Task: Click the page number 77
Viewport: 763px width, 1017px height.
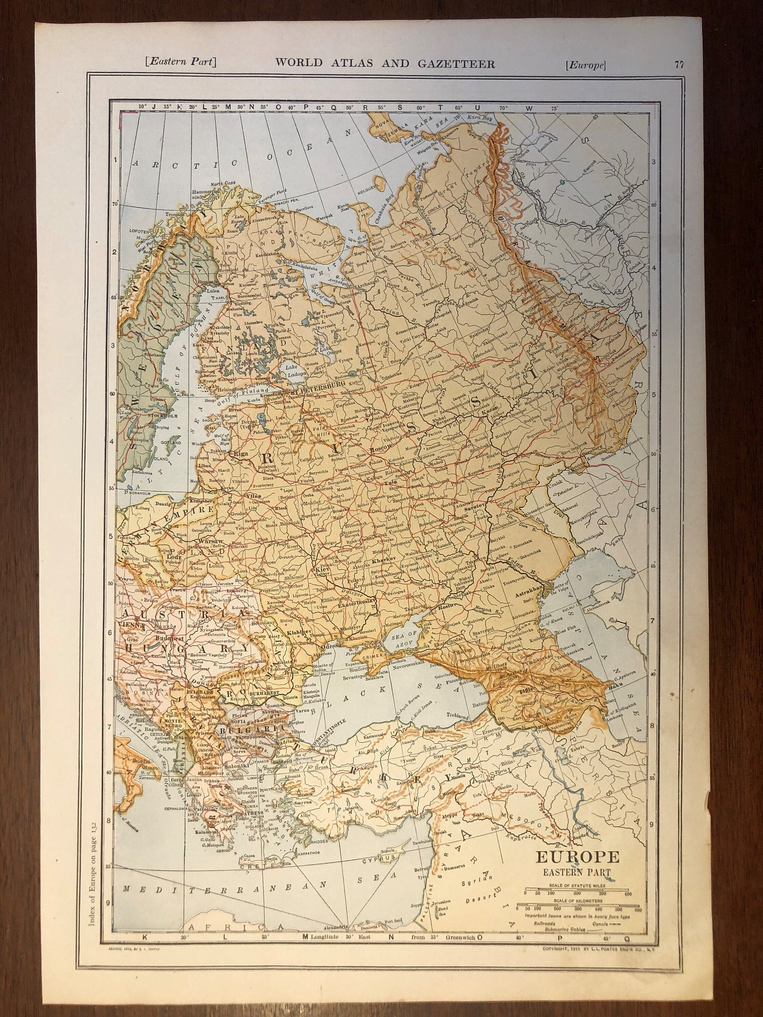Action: pyautogui.click(x=679, y=65)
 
